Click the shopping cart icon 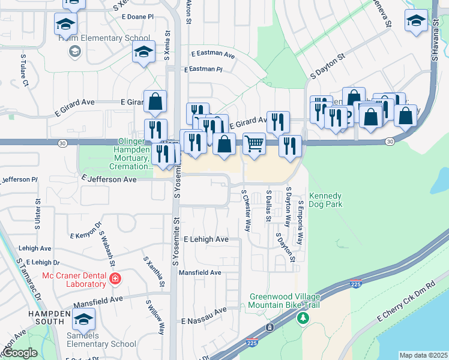coord(255,144)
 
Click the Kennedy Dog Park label coord(325,200)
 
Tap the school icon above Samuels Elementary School coord(84,318)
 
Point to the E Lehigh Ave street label coord(206,239)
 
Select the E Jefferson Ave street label coord(109,179)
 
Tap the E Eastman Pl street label coord(203,70)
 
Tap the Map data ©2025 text coord(423,355)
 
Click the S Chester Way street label coord(246,211)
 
